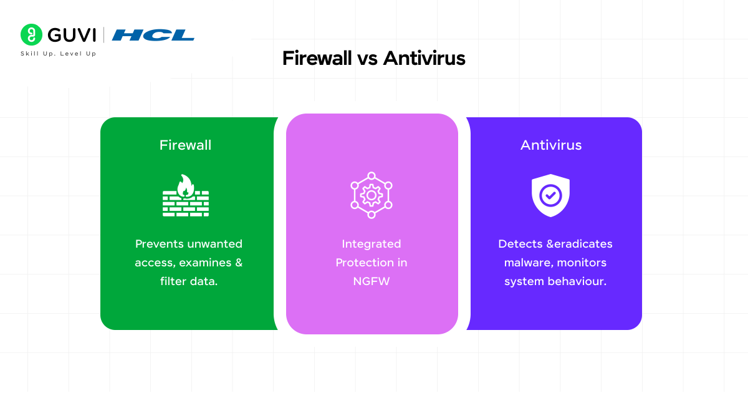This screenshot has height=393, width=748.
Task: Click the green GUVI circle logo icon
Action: (31, 34)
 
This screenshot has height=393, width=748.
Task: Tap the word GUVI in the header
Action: (72, 35)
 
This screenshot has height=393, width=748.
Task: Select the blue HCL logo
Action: (153, 35)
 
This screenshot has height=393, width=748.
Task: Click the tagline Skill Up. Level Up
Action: (59, 54)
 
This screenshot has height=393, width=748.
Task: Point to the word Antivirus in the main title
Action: (424, 58)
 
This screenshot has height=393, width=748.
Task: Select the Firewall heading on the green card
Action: (185, 145)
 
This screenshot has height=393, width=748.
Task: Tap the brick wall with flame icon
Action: (186, 195)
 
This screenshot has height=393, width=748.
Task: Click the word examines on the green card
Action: (205, 263)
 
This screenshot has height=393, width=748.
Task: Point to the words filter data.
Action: (189, 281)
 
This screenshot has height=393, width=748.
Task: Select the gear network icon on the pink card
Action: (372, 195)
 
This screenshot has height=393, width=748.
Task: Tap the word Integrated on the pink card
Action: (372, 244)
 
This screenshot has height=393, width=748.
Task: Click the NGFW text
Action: (372, 281)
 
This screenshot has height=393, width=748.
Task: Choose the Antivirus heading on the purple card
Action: (551, 145)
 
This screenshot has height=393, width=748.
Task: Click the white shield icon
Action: (550, 195)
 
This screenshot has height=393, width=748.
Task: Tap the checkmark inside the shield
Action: (550, 195)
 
